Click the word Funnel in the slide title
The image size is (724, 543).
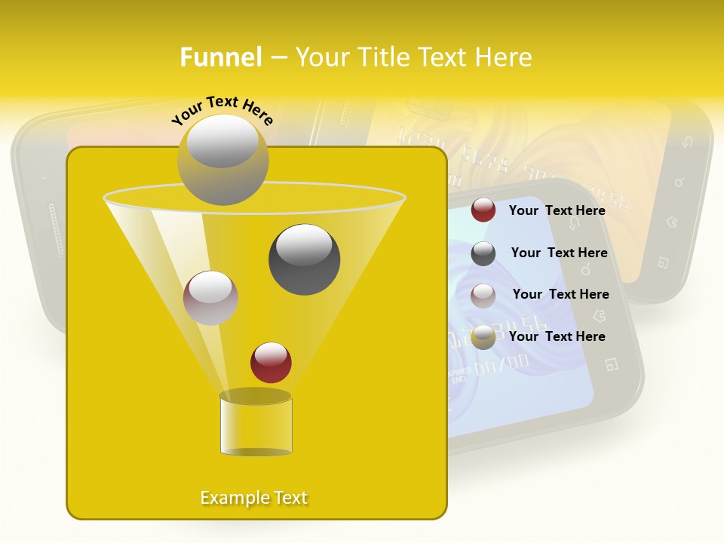click(x=220, y=57)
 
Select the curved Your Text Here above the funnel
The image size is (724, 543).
click(x=222, y=110)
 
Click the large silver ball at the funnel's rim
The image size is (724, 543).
click(x=222, y=160)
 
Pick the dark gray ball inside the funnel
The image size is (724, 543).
click(x=304, y=259)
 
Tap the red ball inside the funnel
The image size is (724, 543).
click(x=271, y=362)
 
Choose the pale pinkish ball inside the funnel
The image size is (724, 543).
click(x=210, y=297)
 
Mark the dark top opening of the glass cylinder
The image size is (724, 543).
click(x=256, y=396)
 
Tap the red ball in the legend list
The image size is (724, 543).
click(x=483, y=210)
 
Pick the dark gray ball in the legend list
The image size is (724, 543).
click(x=483, y=253)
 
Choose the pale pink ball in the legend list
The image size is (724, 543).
click(x=483, y=295)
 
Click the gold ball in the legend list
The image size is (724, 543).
click(x=483, y=337)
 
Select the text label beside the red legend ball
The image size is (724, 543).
click(x=557, y=210)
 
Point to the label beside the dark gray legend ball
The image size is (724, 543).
click(x=559, y=253)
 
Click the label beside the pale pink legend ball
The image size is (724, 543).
click(x=560, y=294)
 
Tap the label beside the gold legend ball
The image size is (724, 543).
click(x=557, y=336)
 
